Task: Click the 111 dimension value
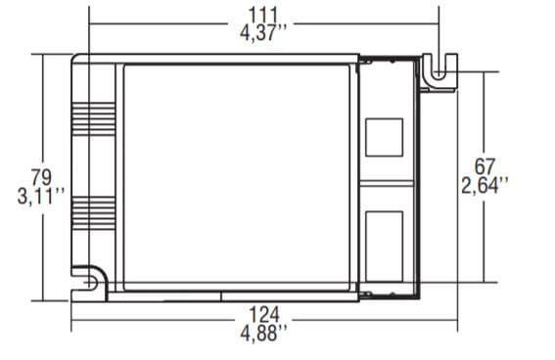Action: click(263, 15)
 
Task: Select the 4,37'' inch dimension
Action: click(263, 33)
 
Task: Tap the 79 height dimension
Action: click(41, 177)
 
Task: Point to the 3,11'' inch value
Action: click(41, 197)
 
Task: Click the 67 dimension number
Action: click(485, 166)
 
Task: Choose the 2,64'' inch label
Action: click(485, 185)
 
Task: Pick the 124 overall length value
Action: click(264, 314)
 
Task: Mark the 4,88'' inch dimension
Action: click(263, 334)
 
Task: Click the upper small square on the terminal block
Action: click(384, 137)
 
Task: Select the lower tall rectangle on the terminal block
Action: click(384, 247)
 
